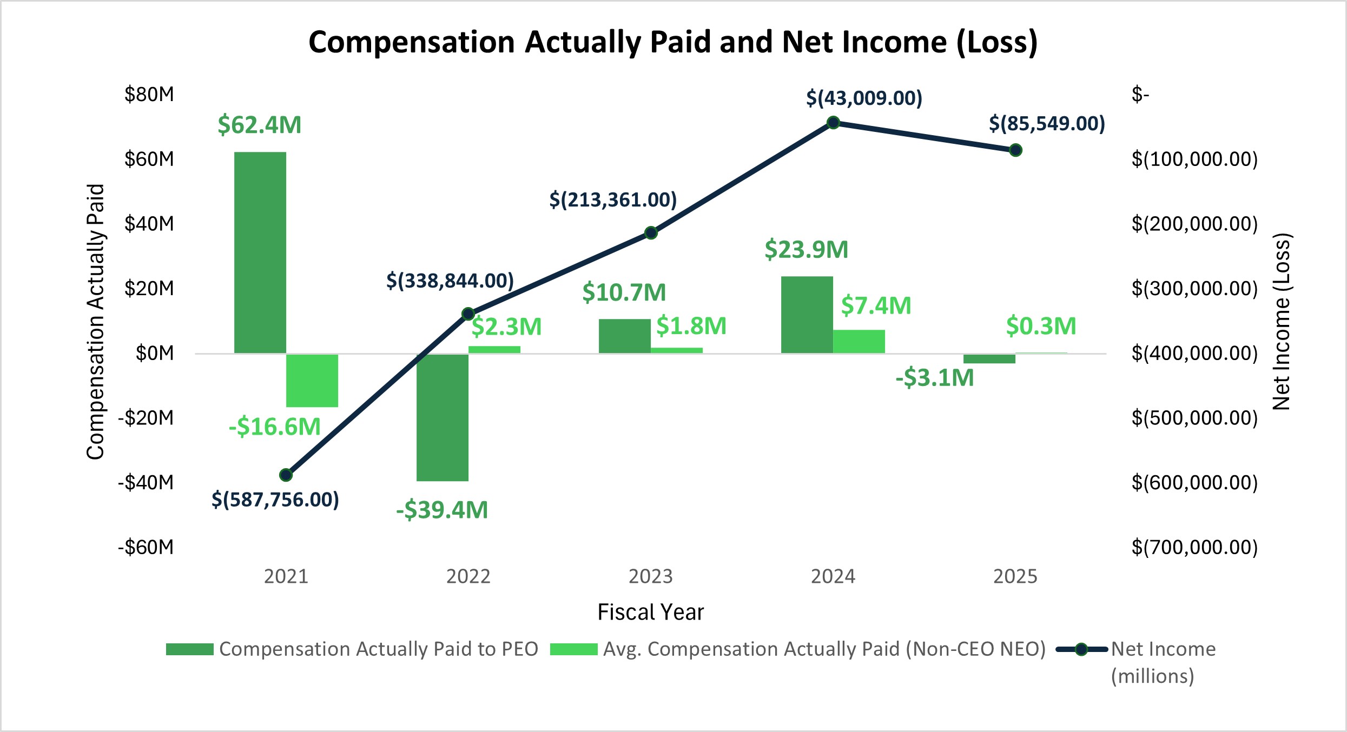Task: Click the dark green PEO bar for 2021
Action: [260, 252]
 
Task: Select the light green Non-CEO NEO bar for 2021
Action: [312, 381]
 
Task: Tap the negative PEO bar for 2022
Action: [442, 417]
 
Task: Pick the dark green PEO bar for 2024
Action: [807, 315]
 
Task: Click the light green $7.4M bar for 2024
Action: [859, 342]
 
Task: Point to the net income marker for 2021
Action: [286, 475]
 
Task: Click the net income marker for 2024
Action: [833, 123]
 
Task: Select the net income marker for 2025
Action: [1015, 150]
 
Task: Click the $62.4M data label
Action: [259, 125]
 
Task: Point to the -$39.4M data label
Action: [442, 510]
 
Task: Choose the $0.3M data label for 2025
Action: [1041, 326]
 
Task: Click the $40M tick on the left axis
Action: [149, 224]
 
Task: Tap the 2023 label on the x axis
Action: [650, 577]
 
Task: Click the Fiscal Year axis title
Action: [650, 612]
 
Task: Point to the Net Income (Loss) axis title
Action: [1282, 322]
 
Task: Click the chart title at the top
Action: [673, 42]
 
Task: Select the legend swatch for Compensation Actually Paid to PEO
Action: [190, 649]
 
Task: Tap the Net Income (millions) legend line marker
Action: [1081, 649]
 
